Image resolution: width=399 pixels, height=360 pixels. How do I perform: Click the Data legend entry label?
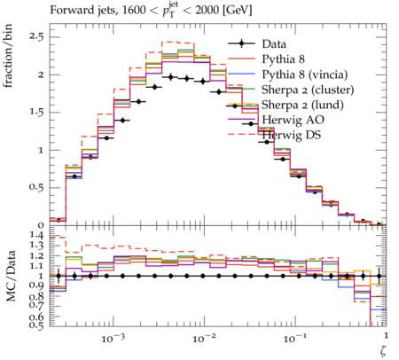[274, 44]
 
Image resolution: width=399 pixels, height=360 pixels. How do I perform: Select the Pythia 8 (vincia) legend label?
[305, 74]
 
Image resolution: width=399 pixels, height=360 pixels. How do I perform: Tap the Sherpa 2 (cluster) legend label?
[308, 90]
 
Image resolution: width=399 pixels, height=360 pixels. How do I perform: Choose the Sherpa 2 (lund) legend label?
[302, 105]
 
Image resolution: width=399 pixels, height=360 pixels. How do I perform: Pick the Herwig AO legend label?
[293, 120]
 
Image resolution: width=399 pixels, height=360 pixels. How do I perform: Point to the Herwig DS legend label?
[292, 135]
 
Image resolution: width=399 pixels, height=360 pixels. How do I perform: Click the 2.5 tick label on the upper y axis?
[35, 37]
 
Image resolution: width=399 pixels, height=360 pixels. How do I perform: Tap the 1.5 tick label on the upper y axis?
[35, 113]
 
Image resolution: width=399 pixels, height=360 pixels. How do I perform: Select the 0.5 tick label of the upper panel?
[35, 187]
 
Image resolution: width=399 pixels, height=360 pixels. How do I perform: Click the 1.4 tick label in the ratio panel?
[35, 236]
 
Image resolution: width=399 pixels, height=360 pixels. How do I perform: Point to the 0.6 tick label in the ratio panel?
[35, 317]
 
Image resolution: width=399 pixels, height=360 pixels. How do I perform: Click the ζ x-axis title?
[383, 350]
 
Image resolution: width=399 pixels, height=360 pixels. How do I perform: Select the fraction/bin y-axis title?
[8, 56]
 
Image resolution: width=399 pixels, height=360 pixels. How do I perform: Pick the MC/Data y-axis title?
[11, 276]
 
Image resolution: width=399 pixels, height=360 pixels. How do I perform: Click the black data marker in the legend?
[241, 44]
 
